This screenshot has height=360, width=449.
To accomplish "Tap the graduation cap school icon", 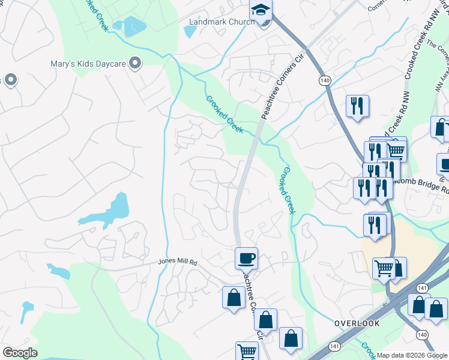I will coord(261,10).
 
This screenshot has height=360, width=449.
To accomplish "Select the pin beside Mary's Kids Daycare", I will coord(136,62).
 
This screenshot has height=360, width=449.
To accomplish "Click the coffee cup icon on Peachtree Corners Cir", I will coord(246,259).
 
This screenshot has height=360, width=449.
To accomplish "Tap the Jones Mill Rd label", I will coord(178,262).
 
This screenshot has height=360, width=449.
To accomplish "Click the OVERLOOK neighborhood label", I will coord(357,323).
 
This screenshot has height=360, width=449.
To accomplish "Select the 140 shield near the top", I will coord(325,80).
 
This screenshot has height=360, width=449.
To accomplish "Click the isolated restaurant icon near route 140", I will coord(357,106).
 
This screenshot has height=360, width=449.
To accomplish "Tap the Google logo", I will coord(20,353).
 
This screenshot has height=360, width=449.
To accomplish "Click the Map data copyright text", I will coord(412,355).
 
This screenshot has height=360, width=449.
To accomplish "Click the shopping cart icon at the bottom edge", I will coord(247,351).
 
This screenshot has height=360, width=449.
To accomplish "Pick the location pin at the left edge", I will coord(10,80).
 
